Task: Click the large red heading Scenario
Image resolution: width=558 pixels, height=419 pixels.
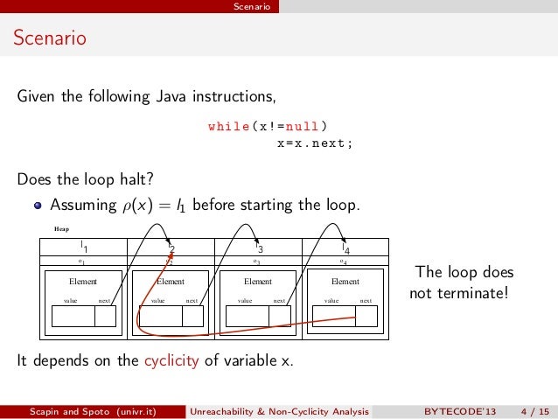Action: point(49,38)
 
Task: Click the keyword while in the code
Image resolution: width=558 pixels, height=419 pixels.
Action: point(228,126)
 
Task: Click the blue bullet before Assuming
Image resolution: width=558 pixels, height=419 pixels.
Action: point(38,206)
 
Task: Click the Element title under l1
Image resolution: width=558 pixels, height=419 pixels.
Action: point(83,282)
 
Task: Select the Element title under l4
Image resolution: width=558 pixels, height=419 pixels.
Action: point(345,282)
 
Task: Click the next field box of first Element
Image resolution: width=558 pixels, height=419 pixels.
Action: point(105,316)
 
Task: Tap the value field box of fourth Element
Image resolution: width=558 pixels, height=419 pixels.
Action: point(334,316)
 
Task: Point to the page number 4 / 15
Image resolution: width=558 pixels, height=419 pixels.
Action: point(534,410)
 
